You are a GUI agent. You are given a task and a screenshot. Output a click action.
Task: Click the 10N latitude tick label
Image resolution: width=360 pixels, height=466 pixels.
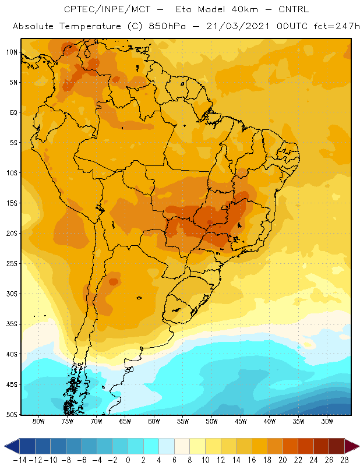[12, 52]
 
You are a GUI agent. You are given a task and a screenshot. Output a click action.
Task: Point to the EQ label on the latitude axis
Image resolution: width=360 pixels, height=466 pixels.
[13, 112]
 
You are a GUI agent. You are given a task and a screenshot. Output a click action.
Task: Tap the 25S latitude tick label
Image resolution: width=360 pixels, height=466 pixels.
[12, 264]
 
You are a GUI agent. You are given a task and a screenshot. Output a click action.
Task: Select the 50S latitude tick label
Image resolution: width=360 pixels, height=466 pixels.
[12, 415]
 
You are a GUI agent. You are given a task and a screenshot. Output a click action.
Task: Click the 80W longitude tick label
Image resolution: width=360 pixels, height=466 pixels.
[38, 421]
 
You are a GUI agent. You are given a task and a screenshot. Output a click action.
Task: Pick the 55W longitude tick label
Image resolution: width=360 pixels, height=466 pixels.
[183, 421]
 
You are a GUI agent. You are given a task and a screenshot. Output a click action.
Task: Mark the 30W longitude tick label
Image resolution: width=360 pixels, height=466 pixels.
[327, 421]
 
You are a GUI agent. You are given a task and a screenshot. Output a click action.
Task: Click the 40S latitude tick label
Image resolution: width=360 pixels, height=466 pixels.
[12, 354]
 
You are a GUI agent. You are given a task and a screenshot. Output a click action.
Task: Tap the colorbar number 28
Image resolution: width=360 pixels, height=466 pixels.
[344, 460]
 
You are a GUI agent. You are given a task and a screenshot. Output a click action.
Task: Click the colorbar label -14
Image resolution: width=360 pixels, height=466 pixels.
[20, 460]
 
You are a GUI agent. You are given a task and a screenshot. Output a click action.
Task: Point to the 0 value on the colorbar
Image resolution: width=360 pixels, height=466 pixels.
[128, 460]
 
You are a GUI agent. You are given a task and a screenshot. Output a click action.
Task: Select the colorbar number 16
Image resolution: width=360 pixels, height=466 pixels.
[252, 460]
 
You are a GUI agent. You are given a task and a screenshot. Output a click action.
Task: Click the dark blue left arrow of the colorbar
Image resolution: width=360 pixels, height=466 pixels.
[12, 446]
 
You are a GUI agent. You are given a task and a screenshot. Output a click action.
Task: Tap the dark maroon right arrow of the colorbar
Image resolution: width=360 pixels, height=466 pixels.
[352, 446]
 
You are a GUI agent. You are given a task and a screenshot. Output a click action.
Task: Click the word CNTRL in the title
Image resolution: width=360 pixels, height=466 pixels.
[294, 9]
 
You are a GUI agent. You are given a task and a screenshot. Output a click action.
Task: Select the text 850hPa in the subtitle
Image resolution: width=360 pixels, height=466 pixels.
[167, 26]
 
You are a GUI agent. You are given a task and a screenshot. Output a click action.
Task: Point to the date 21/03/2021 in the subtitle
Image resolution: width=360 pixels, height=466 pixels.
[238, 26]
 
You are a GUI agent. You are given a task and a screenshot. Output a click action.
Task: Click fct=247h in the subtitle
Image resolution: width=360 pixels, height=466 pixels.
[337, 26]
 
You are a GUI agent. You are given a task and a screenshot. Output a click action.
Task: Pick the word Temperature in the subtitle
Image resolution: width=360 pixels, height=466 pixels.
[90, 26]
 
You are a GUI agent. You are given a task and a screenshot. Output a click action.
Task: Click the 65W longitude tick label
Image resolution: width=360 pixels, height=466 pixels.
[125, 421]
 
